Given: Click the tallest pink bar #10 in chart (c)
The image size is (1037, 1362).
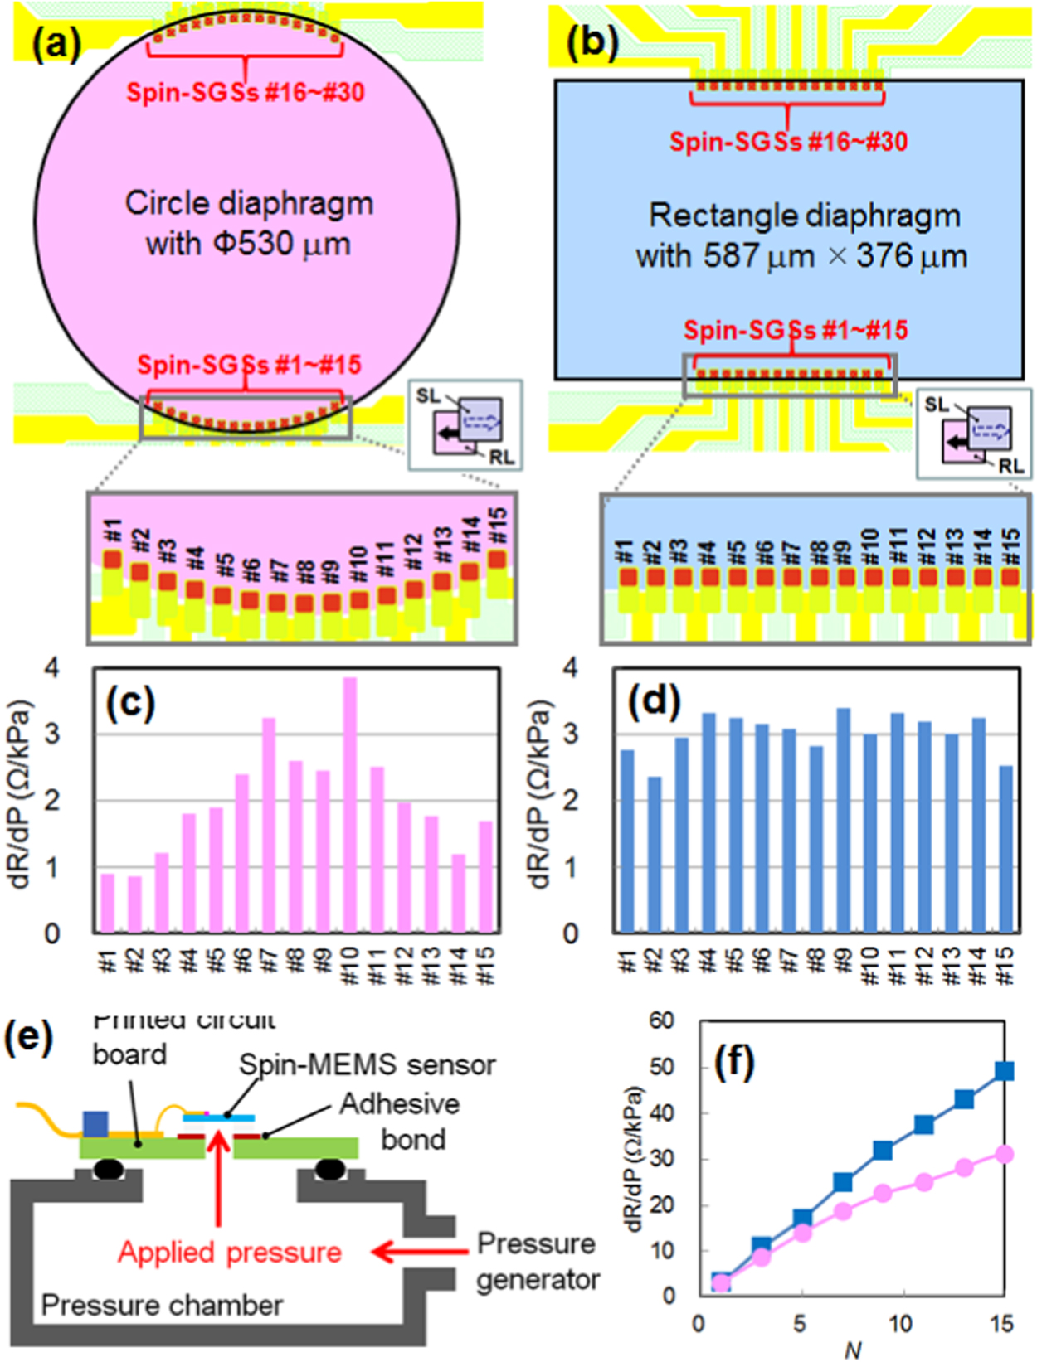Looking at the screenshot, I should tap(350, 804).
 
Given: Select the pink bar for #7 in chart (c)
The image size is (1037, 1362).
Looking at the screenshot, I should tap(269, 825).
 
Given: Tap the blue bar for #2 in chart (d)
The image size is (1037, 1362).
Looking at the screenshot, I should tap(655, 854).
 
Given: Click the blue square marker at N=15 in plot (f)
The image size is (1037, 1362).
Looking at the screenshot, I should tap(1004, 1071).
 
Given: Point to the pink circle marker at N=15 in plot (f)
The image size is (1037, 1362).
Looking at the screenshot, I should tap(1004, 1154).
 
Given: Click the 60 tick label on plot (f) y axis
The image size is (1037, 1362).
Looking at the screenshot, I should tap(661, 1020).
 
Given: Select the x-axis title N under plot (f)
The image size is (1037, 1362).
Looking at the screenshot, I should tap(852, 1350).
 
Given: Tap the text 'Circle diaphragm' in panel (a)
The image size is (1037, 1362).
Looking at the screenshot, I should tap(249, 203).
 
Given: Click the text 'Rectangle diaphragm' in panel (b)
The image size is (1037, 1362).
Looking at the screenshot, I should tap(804, 216).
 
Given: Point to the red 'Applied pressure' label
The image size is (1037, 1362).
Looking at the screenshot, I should tap(230, 1252).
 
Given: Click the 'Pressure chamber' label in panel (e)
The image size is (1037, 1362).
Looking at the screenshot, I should tap(162, 1306).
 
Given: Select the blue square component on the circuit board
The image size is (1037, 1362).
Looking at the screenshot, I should tap(95, 1124).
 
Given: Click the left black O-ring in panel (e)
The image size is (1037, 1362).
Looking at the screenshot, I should tap(109, 1170).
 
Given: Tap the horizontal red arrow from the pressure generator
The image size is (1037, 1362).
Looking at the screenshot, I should tap(419, 1251).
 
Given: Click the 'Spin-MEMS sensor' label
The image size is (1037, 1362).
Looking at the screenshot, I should tap(368, 1064).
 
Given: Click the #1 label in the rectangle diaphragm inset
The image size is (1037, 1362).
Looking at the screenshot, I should tap(626, 551).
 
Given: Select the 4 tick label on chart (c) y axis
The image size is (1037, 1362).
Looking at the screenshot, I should tap(52, 667).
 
